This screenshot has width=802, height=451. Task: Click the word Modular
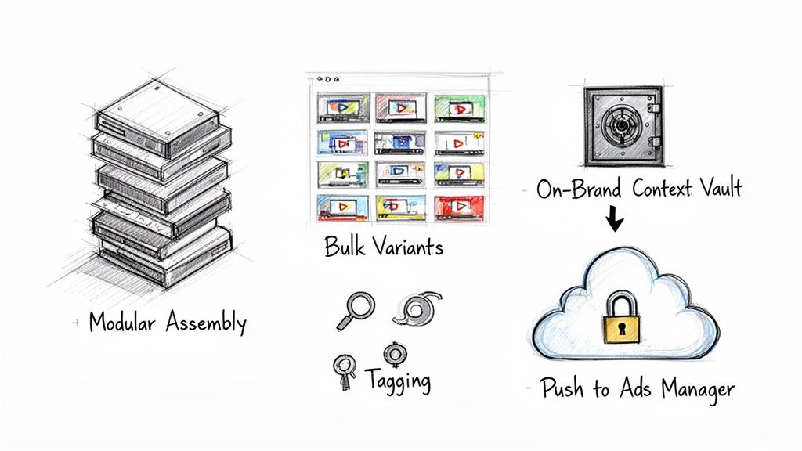tap(125, 323)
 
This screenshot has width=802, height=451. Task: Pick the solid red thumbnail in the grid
tap(456, 207)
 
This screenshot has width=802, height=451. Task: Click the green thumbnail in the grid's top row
tap(456, 106)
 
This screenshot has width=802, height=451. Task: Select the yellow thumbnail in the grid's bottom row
tap(399, 207)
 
